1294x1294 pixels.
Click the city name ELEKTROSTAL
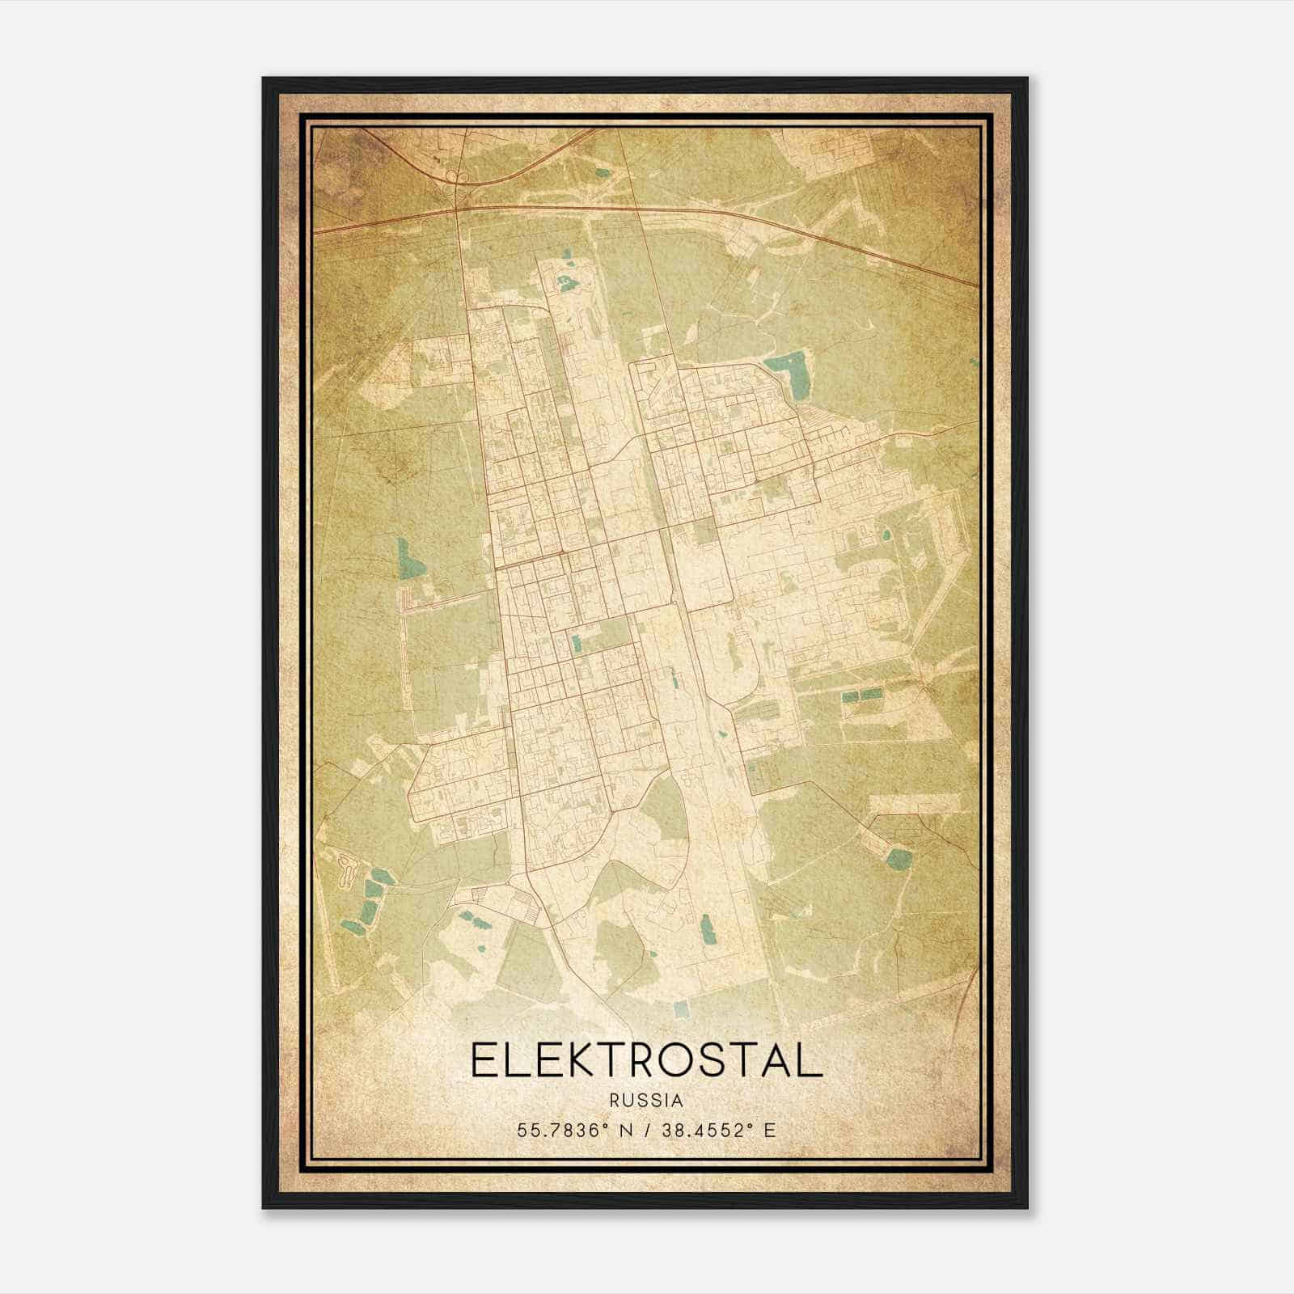pyautogui.click(x=646, y=1059)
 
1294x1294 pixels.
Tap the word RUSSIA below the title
pyautogui.click(x=646, y=1101)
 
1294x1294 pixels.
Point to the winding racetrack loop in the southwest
pyautogui.click(x=349, y=869)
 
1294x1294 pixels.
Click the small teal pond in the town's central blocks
pyautogui.click(x=576, y=644)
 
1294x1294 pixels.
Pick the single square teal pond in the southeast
pyautogui.click(x=898, y=857)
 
